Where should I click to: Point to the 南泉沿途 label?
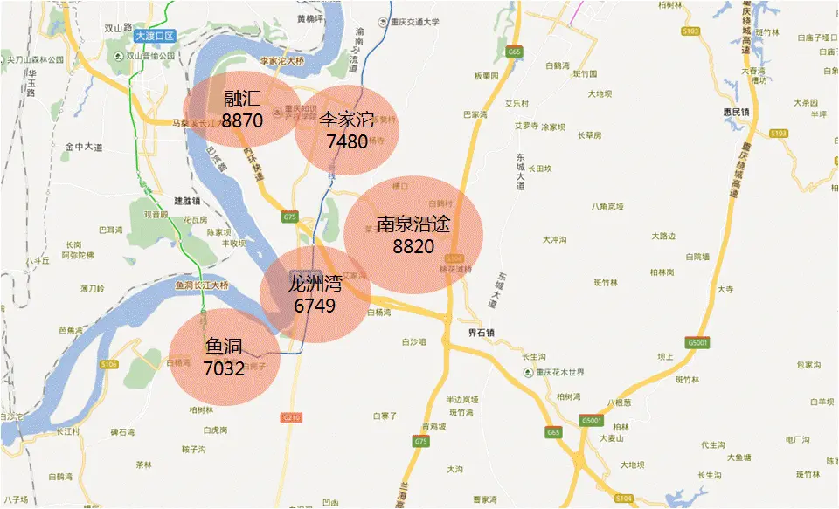413,224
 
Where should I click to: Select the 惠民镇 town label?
748,111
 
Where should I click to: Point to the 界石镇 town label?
481,333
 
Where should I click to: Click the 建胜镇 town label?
187,200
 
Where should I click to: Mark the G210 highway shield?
291,418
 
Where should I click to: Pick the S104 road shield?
623,498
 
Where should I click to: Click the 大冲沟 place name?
555,239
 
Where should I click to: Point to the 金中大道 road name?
83,148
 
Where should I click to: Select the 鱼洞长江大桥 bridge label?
202,285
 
